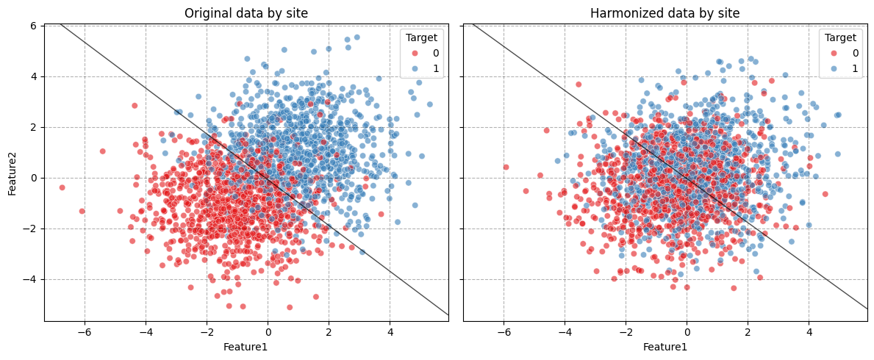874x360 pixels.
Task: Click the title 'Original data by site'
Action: (x=246, y=13)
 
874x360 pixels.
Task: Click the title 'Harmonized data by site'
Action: (x=665, y=13)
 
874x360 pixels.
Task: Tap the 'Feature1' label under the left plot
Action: (x=246, y=347)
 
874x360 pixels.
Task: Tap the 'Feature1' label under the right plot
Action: (x=665, y=347)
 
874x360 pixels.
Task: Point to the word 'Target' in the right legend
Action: (x=839, y=37)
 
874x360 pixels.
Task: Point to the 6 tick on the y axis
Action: (x=32, y=26)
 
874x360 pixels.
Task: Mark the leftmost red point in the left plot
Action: (x=62, y=187)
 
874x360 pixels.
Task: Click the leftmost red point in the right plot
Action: (x=506, y=167)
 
